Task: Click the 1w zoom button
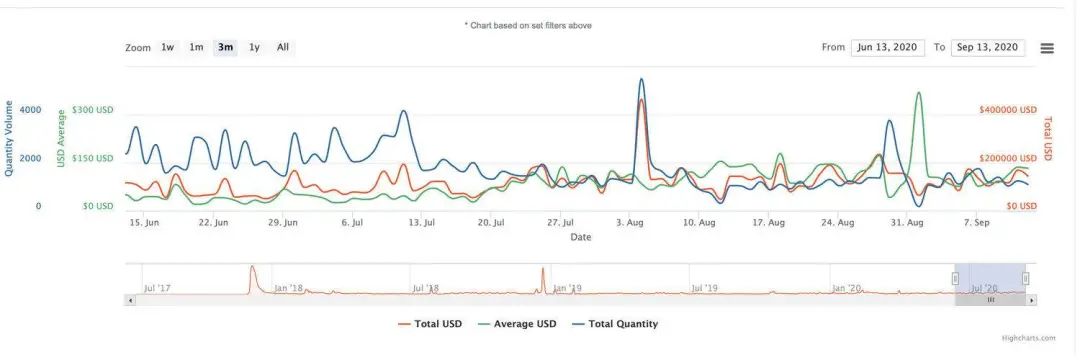(168, 47)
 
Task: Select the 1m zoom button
(196, 47)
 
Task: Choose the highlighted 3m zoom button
(225, 47)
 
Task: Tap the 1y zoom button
(254, 47)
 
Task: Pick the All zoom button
(283, 47)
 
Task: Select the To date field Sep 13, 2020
(988, 48)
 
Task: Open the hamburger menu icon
(1047, 48)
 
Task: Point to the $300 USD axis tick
(92, 110)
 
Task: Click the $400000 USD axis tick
(1007, 110)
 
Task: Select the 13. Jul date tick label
(421, 222)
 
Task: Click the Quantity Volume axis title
(10, 138)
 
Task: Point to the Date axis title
(580, 237)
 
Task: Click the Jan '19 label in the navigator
(566, 289)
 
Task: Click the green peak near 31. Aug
(918, 94)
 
